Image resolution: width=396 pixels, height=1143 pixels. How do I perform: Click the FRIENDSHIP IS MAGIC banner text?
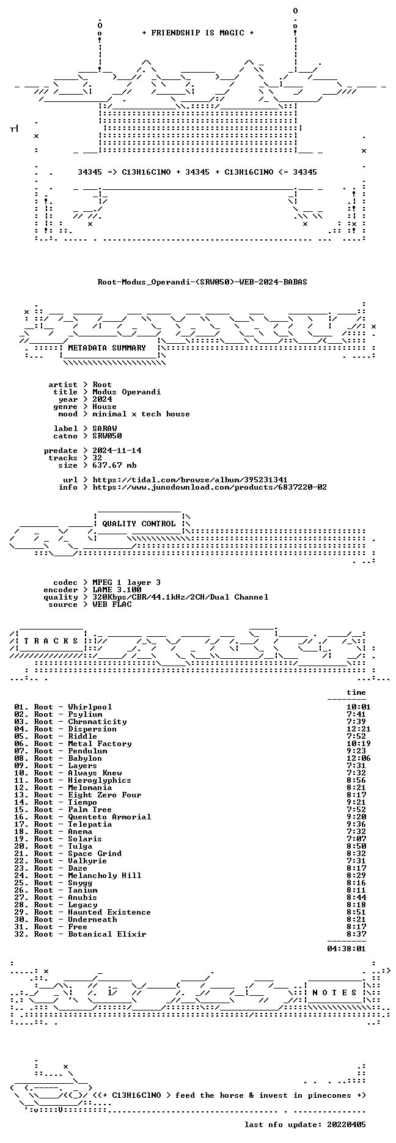[x=198, y=33]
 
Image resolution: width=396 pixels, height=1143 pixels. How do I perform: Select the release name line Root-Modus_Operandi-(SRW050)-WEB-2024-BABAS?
[x=202, y=282]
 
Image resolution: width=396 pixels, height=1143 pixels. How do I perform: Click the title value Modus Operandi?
[x=127, y=392]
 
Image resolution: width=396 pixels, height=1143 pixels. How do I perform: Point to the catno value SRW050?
[x=107, y=436]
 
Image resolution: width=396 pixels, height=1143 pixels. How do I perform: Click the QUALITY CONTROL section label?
[x=139, y=524]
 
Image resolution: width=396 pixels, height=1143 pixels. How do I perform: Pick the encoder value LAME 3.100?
[x=117, y=590]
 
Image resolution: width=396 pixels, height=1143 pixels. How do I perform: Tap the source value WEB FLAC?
[x=112, y=604]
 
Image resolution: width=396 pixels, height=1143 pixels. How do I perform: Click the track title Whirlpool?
[x=90, y=707]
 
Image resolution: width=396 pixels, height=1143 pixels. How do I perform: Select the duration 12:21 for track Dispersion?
[x=358, y=729]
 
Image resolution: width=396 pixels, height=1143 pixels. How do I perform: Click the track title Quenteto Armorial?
[x=109, y=817]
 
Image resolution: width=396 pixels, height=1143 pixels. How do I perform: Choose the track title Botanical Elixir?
[x=107, y=934]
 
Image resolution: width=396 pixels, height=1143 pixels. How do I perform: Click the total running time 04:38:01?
[x=346, y=949]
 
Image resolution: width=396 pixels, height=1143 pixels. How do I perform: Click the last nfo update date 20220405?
[x=346, y=1125]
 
